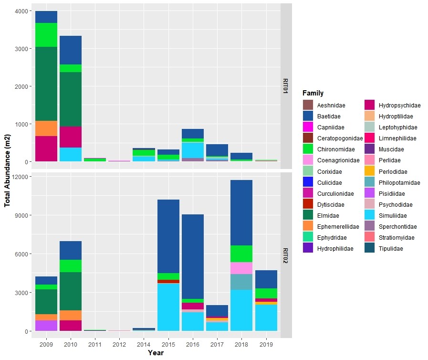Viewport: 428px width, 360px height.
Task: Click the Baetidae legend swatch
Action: (308, 116)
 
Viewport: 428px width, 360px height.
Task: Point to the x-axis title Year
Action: (156, 353)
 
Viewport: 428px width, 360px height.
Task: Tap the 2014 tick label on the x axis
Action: (144, 343)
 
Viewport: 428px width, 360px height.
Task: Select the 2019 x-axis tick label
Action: (266, 343)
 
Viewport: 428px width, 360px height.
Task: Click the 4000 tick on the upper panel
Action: (21, 11)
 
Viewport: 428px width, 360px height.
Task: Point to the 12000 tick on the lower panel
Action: (20, 177)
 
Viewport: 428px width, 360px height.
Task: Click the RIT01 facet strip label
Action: (285, 86)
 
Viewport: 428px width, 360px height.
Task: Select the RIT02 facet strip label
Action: (285, 255)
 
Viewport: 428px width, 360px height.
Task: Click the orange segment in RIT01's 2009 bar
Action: (46, 128)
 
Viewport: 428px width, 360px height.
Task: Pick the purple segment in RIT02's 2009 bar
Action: (46, 326)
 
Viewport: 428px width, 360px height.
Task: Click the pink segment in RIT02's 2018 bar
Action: (241, 268)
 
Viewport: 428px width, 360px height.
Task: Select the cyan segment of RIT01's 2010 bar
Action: (71, 154)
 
